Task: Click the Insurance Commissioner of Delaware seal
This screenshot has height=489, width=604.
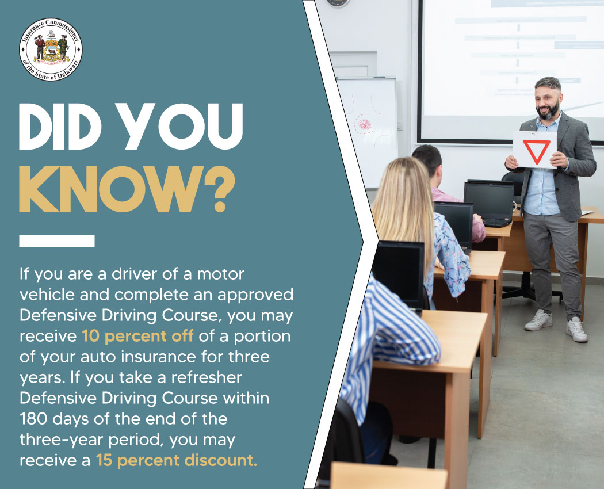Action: [x=51, y=49]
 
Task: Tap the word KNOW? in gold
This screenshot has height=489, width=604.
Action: [x=127, y=189]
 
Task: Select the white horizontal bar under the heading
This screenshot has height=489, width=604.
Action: [x=56, y=241]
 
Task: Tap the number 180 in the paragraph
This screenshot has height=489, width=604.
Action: [x=35, y=418]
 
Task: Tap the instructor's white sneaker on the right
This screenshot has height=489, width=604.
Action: [x=576, y=329]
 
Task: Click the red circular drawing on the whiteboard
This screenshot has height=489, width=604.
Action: [x=364, y=123]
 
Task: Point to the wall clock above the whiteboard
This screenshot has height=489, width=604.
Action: [x=338, y=3]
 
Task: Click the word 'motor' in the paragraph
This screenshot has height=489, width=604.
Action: [x=222, y=273]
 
